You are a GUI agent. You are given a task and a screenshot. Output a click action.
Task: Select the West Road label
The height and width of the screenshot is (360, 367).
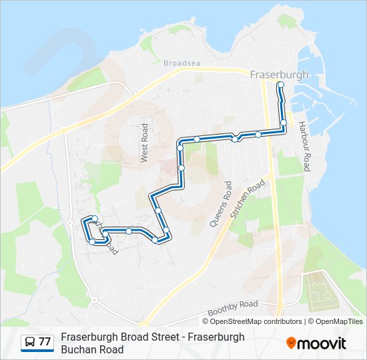tap(144, 143)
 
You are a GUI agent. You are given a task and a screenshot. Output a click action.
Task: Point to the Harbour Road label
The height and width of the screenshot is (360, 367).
tap(304, 146)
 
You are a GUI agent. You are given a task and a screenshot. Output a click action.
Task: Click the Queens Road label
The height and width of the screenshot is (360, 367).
tap(221, 204)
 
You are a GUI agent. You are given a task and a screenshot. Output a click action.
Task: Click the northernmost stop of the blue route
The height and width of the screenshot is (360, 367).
tap(280, 85)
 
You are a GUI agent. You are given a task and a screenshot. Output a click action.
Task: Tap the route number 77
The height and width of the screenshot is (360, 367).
tap(45, 342)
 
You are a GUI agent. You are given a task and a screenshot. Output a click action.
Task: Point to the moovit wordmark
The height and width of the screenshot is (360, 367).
tap(322, 343)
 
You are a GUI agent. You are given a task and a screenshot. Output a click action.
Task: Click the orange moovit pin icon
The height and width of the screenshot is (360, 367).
tap(291, 343)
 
